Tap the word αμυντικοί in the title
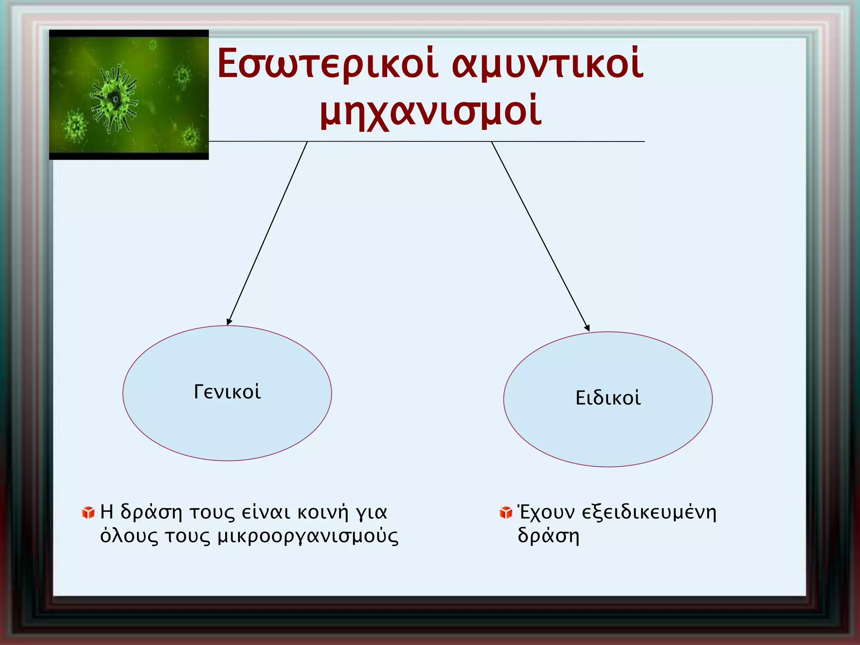547,64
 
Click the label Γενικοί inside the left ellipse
227,392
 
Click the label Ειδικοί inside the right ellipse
608,398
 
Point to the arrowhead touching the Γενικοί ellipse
228,322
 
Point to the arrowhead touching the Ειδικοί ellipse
587,328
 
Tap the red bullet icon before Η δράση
88,512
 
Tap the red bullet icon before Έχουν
506,512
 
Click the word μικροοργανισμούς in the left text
308,537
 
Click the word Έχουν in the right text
546,512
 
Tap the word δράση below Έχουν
548,536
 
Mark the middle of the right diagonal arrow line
540,236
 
